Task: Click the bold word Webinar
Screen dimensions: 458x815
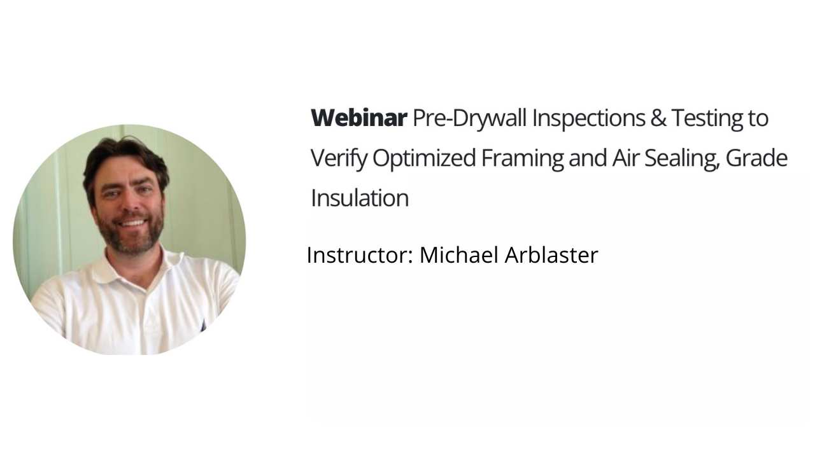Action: tap(358, 118)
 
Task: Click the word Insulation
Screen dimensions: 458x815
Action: tap(359, 198)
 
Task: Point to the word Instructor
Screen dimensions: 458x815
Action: tap(360, 255)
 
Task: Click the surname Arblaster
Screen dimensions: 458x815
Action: tap(551, 255)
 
